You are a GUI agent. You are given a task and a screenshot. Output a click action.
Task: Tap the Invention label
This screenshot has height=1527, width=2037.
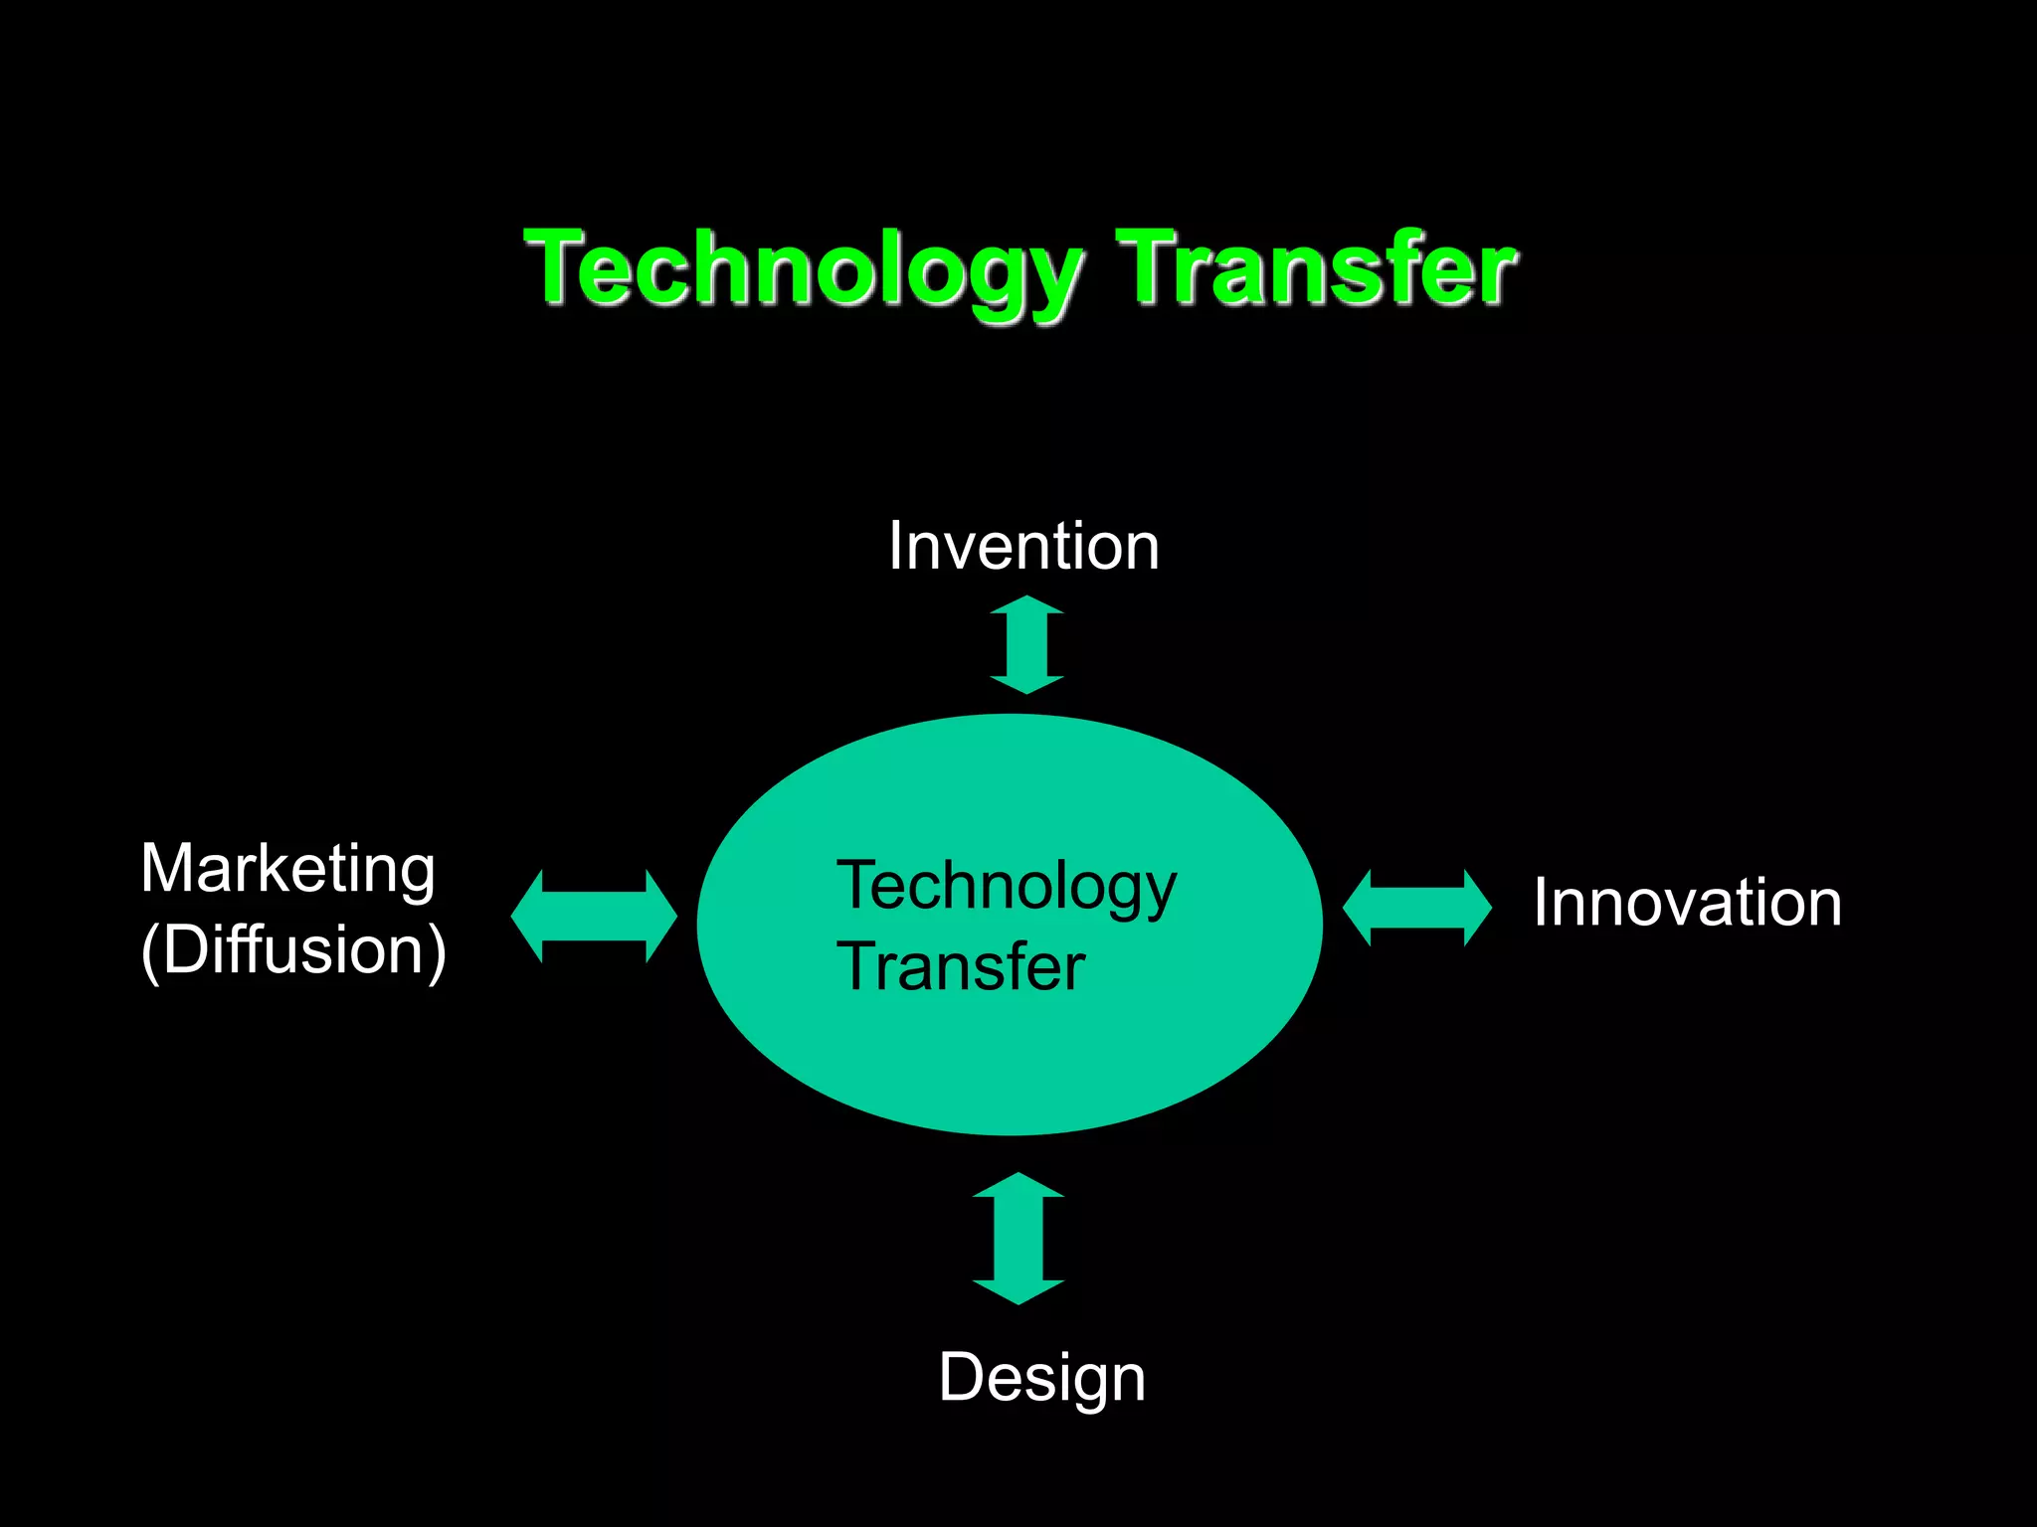pos(1023,547)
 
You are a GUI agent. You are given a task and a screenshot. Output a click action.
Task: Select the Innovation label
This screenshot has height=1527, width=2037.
pos(1687,903)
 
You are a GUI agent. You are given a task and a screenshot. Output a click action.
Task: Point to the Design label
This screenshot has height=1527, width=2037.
pos(1041,1378)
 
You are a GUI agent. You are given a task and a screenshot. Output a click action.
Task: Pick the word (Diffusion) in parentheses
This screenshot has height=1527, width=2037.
pos(293,950)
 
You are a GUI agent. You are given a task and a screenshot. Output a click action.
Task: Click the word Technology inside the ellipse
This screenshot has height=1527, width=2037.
pos(1007,887)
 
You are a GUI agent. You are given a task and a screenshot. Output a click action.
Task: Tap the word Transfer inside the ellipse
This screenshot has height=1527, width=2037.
pos(961,967)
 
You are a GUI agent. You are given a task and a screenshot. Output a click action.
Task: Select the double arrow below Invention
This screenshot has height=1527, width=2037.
pos(1026,644)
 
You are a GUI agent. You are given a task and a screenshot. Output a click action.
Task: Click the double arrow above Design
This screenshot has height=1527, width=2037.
pos(1018,1238)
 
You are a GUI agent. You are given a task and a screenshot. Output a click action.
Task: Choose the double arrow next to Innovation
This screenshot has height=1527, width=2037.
pos(1416,907)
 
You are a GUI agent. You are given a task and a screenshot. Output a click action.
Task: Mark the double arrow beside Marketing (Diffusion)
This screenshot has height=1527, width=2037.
pos(594,916)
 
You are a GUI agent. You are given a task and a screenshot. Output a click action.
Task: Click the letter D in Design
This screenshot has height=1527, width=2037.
pos(961,1377)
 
